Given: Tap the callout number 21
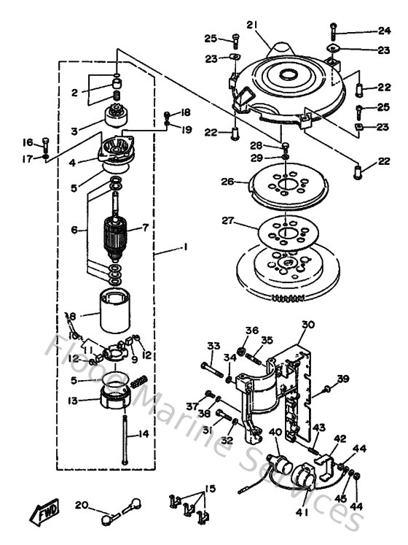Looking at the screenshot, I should click(252, 25).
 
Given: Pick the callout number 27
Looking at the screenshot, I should click(229, 218).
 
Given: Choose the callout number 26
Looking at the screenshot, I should click(229, 182).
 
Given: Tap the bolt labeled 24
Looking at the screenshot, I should click(333, 31).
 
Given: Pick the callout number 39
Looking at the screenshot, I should click(342, 378).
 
